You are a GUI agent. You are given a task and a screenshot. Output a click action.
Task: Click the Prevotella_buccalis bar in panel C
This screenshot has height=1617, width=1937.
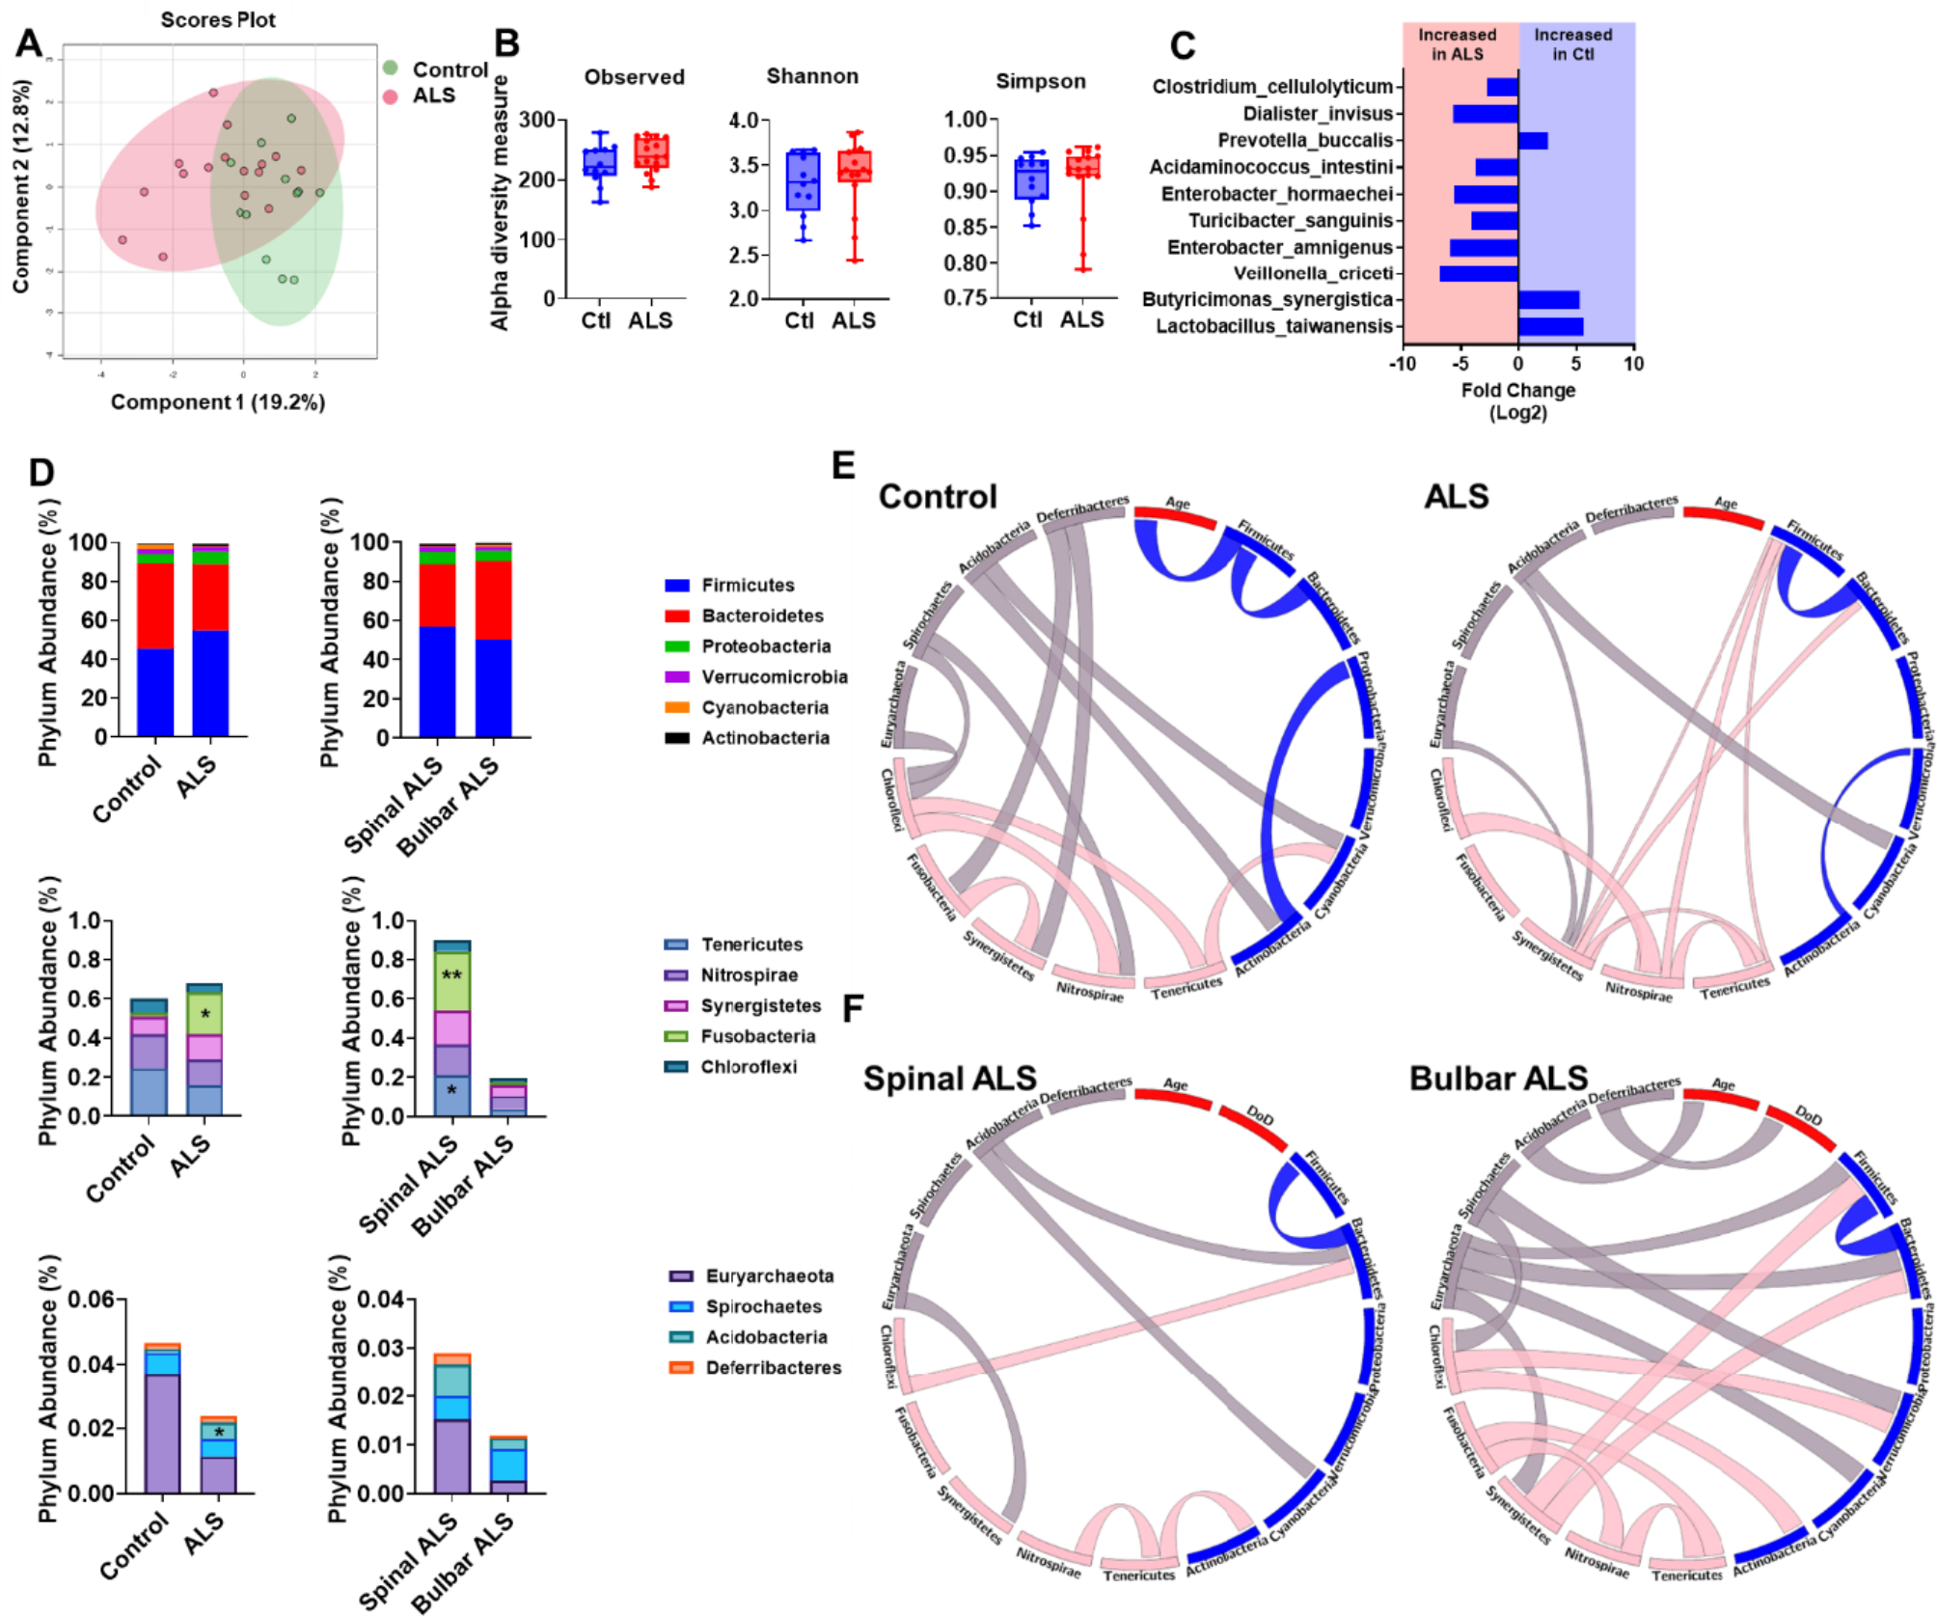pyautogui.click(x=1532, y=141)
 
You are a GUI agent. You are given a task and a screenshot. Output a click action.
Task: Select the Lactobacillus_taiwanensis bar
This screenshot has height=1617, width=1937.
pyautogui.click(x=1550, y=326)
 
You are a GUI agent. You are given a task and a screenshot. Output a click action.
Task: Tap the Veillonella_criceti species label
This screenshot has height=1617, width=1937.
pyautogui.click(x=1313, y=273)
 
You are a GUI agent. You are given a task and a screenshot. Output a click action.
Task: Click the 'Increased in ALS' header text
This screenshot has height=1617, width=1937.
pyautogui.click(x=1457, y=44)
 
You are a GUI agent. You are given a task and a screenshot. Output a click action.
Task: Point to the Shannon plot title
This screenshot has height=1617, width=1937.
pyautogui.click(x=812, y=76)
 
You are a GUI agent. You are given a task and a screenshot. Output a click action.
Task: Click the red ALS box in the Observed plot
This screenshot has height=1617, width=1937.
pyautogui.click(x=651, y=152)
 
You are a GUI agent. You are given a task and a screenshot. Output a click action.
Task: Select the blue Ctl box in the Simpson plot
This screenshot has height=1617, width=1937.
pyautogui.click(x=1031, y=178)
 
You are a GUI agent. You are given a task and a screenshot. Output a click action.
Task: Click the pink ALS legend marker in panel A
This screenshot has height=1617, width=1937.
pyautogui.click(x=390, y=96)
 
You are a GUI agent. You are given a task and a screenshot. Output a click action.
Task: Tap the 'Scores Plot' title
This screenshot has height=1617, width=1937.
pyautogui.click(x=218, y=19)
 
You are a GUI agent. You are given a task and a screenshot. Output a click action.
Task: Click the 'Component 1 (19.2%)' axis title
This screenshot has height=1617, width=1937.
pyautogui.click(x=218, y=402)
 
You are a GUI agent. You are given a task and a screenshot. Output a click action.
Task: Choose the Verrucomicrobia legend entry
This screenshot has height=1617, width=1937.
pyautogui.click(x=774, y=677)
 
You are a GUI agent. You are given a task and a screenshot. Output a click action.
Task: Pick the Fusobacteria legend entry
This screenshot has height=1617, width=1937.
pyautogui.click(x=758, y=1036)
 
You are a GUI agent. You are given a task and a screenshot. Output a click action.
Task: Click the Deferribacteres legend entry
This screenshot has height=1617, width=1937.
pyautogui.click(x=773, y=1368)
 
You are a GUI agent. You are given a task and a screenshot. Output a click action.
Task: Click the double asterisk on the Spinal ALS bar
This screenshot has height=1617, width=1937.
pyautogui.click(x=451, y=975)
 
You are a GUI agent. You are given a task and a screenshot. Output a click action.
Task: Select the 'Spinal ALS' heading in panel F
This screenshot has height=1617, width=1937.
pyautogui.click(x=949, y=1079)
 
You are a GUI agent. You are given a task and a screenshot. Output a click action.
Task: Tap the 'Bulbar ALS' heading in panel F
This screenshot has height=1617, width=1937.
pyautogui.click(x=1498, y=1079)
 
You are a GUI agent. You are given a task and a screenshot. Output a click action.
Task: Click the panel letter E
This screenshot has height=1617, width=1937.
pyautogui.click(x=843, y=466)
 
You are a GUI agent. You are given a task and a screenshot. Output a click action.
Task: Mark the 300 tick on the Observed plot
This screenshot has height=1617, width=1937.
pyautogui.click(x=536, y=120)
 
